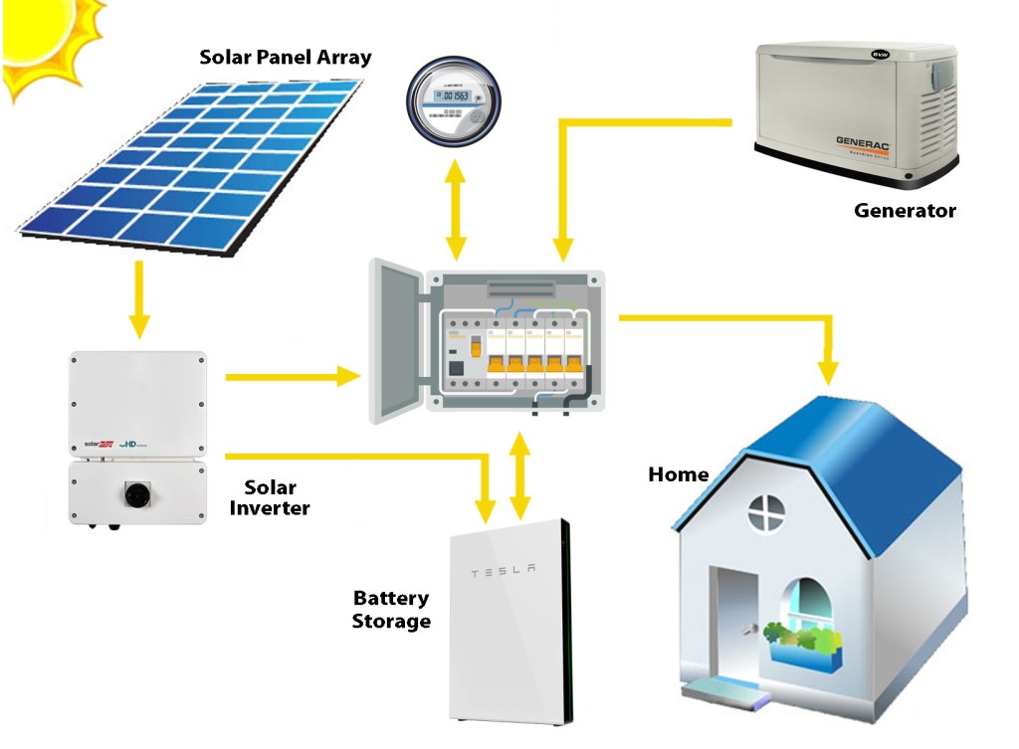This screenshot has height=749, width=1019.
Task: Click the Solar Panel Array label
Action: coord(285,57)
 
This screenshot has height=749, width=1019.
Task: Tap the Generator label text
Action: coord(905,211)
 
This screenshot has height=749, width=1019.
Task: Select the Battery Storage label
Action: coord(391,610)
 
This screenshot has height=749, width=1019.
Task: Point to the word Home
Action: coord(678,474)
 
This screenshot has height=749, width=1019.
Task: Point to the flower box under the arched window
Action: coord(801,642)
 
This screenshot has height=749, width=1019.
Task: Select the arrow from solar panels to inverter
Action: coord(139,297)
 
